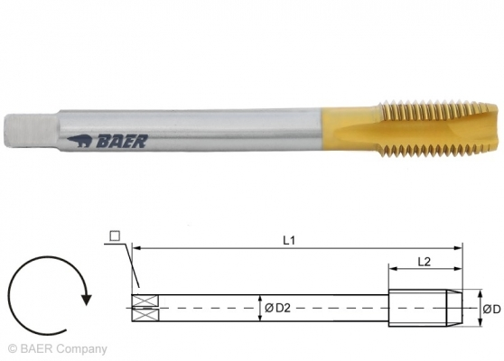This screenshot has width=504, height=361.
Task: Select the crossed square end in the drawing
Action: (145, 308)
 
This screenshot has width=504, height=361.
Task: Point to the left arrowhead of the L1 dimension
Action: (135, 245)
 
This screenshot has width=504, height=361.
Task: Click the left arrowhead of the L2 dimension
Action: (392, 268)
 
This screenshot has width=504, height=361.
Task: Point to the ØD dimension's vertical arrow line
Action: (475, 308)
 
